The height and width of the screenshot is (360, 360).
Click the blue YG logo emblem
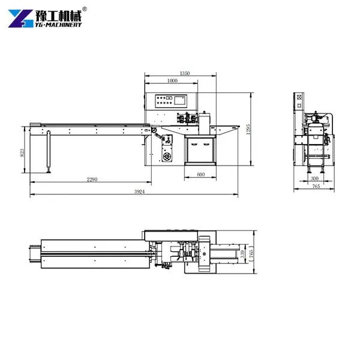pyautogui.click(x=20, y=19)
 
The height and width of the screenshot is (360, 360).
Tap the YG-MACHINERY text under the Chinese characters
pyautogui.click(x=59, y=25)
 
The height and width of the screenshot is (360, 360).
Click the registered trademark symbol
pyautogui.click(x=85, y=9)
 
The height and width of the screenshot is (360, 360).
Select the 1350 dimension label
pyautogui.click(x=185, y=73)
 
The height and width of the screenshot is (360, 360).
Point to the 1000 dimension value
pyautogui.click(x=172, y=80)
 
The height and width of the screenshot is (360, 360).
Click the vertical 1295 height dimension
pyautogui.click(x=248, y=129)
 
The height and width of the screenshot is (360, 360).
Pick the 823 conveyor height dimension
pyautogui.click(x=22, y=152)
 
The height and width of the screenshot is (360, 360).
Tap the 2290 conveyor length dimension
pyautogui.click(x=92, y=179)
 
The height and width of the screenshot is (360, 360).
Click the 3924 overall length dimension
pyautogui.click(x=139, y=192)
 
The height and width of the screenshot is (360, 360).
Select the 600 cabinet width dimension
pyautogui.click(x=200, y=174)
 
